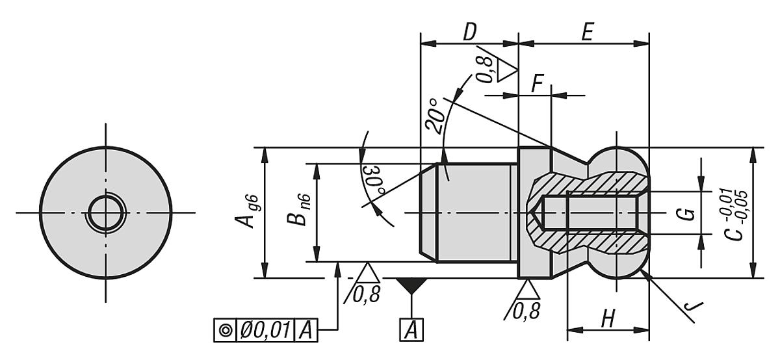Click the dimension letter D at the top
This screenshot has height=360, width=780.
pos(469,32)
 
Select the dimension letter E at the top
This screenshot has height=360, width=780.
pos(587,32)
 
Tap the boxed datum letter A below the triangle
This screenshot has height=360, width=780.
pos(411,331)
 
